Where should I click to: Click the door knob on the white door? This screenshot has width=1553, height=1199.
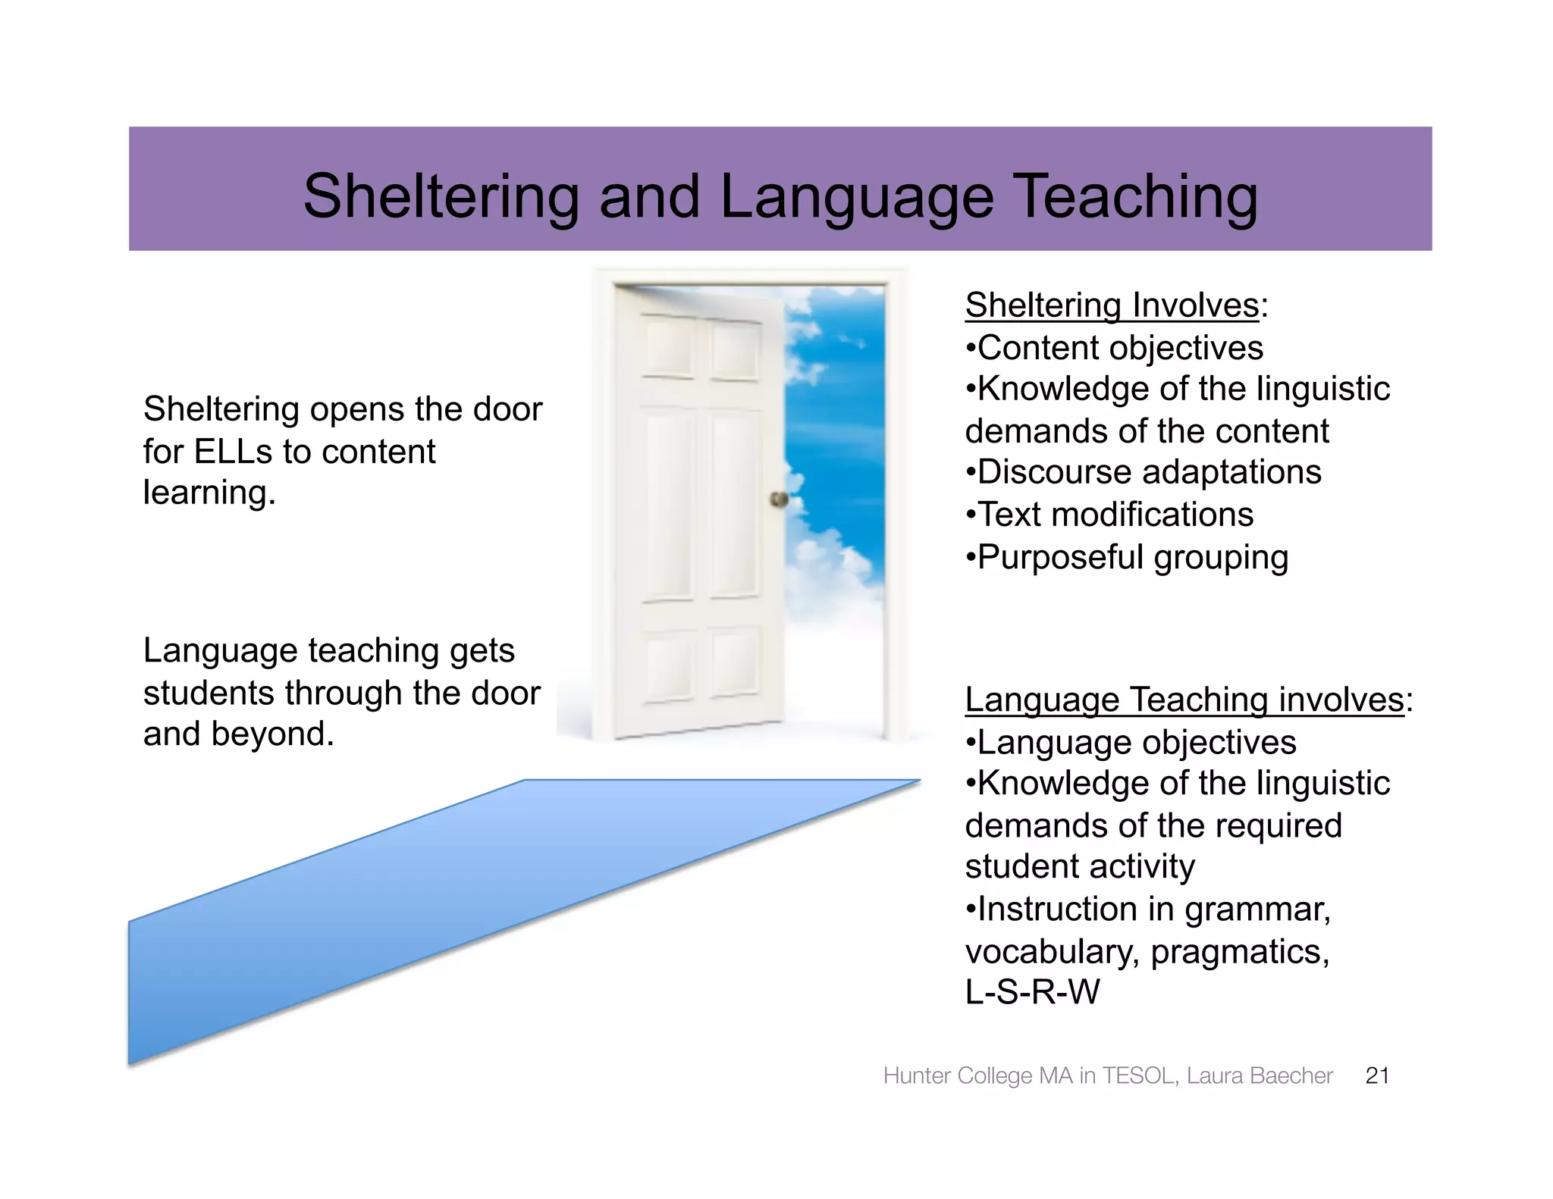point(779,499)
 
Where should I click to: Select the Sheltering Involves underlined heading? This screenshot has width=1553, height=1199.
point(1111,305)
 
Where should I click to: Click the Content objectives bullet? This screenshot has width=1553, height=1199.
point(1115,348)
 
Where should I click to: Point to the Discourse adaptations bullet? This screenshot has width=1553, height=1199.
point(1144,472)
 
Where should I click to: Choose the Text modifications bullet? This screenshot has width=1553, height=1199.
point(1110,515)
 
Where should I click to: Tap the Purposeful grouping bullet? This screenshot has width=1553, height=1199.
point(1128,557)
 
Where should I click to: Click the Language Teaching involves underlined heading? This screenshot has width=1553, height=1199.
point(1184,699)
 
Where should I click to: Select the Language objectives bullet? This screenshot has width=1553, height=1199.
point(1131,742)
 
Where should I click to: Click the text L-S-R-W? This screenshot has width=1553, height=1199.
point(1032,992)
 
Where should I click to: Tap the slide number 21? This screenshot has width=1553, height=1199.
point(1376,1075)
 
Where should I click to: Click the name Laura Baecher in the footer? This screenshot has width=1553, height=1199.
point(1259,1075)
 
